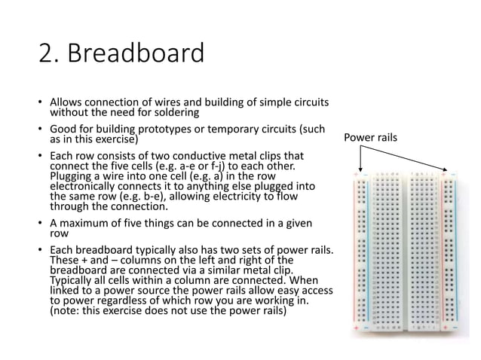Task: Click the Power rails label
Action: click(x=370, y=138)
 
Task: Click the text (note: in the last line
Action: click(x=66, y=307)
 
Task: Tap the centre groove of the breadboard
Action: click(x=403, y=252)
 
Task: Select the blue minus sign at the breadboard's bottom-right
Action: click(x=452, y=329)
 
